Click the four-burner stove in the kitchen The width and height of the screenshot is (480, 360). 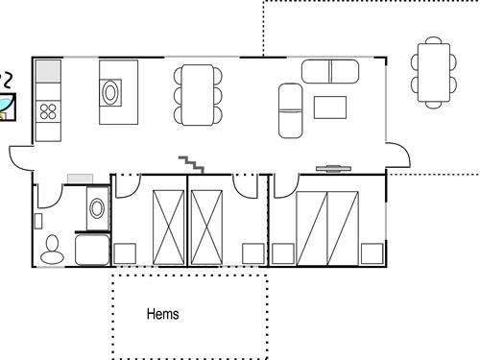48,110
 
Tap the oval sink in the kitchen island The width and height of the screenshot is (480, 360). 111,93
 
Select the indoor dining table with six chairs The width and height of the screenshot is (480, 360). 198,94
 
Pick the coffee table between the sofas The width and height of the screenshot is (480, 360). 329,107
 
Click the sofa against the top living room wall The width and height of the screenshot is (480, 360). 330,71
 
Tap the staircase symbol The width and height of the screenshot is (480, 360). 190,164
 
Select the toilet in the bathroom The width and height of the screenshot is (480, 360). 53,251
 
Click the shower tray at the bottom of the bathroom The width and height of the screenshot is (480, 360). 92,252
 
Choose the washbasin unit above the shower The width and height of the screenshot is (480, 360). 97,207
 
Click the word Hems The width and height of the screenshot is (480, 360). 162,314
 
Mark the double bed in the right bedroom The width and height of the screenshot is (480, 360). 326,228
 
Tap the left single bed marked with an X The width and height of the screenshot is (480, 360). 168,228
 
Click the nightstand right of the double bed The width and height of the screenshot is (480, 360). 372,254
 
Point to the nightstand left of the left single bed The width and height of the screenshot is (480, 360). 125,254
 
